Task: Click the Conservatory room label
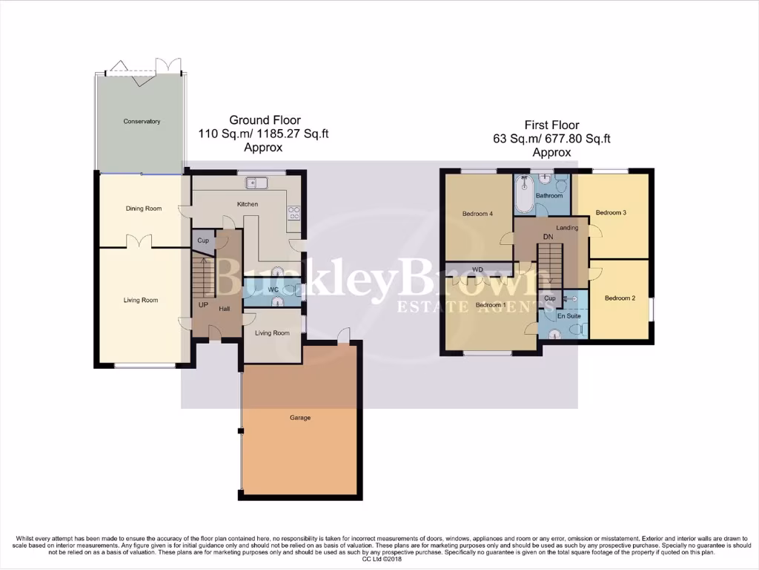pos(142,121)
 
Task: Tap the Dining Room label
pos(143,209)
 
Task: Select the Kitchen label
pos(247,203)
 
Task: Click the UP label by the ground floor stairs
pos(203,304)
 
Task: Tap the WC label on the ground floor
pos(273,289)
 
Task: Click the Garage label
pos(300,418)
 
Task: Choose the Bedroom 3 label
pos(611,212)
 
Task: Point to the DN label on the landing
pos(549,237)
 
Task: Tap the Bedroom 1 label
pos(490,305)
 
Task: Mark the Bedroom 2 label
pos(620,298)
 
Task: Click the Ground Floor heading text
pos(265,120)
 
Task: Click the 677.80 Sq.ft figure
pos(583,139)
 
